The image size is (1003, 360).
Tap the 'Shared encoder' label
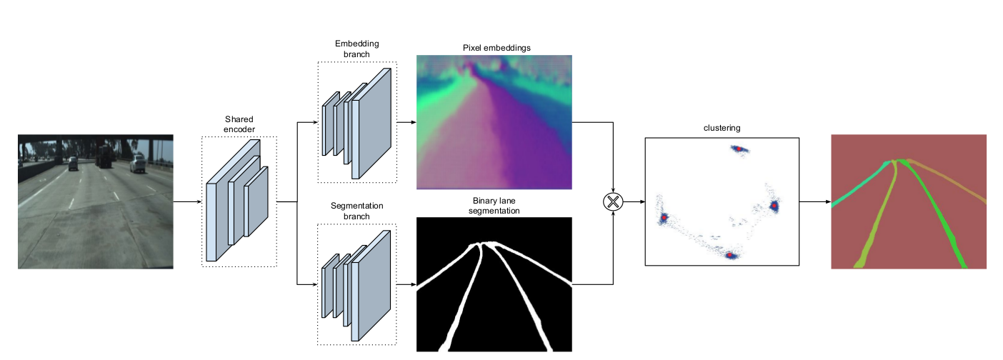tap(239, 124)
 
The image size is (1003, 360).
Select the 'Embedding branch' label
tap(356, 49)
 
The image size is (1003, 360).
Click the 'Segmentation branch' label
tap(356, 211)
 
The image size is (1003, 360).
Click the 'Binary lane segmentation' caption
tap(494, 206)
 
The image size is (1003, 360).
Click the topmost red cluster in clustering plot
tap(738, 149)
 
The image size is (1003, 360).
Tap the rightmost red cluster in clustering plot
tap(774, 206)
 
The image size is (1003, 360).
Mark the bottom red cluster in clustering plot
tap(730, 254)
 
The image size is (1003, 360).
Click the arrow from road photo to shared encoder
tap(187, 201)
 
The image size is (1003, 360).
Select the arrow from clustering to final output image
tap(814, 201)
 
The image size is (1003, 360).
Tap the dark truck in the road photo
tap(104, 156)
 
